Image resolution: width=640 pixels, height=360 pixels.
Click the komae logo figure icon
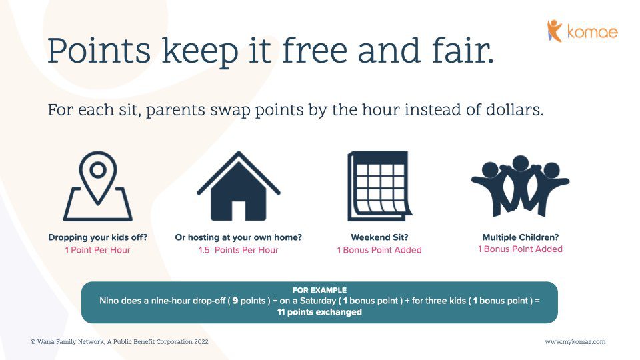tap(554, 31)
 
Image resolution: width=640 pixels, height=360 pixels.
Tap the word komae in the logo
tap(592, 32)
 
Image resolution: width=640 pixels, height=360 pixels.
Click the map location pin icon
tap(97, 186)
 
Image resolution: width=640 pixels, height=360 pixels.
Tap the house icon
tap(239, 186)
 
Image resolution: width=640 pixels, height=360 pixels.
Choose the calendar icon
tap(379, 186)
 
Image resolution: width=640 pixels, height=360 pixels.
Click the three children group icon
tap(521, 186)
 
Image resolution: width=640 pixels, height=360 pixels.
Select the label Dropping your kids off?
tap(98, 237)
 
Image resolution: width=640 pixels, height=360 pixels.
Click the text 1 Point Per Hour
tap(97, 250)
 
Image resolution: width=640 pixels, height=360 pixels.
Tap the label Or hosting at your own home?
tap(239, 237)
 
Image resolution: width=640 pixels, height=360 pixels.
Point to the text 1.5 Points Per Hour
tap(239, 250)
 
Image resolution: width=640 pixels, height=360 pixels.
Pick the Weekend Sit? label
tap(379, 237)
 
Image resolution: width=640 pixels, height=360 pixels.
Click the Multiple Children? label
tap(521, 237)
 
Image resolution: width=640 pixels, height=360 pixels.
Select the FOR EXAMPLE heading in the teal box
tap(319, 290)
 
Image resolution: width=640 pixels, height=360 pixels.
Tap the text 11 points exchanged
tap(319, 312)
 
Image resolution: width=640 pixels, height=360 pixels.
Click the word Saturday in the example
tap(317, 301)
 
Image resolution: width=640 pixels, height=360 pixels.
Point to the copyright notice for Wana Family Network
tap(119, 341)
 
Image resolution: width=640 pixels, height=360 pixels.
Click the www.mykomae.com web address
tap(575, 342)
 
